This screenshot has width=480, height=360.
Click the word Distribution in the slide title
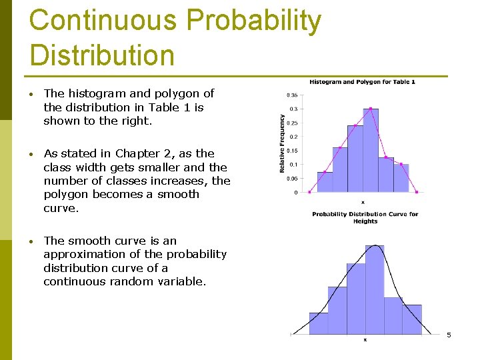(102, 55)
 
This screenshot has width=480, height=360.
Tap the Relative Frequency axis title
(282, 143)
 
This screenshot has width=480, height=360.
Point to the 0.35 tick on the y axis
(291, 95)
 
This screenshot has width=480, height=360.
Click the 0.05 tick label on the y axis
(291, 179)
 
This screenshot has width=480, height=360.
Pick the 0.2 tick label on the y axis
(293, 137)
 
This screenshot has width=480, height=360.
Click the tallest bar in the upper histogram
(371, 150)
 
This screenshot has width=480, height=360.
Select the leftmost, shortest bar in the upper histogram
(325, 181)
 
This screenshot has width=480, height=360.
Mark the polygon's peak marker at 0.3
(371, 109)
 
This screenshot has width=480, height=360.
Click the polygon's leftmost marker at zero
(309, 192)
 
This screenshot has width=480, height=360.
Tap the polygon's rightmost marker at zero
(417, 192)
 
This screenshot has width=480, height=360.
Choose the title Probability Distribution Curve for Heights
(365, 217)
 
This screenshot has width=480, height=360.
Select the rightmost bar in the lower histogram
(412, 319)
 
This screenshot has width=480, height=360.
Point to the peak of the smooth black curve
(375, 245)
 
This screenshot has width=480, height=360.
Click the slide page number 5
(449, 335)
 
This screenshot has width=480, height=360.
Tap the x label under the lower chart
(365, 340)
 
